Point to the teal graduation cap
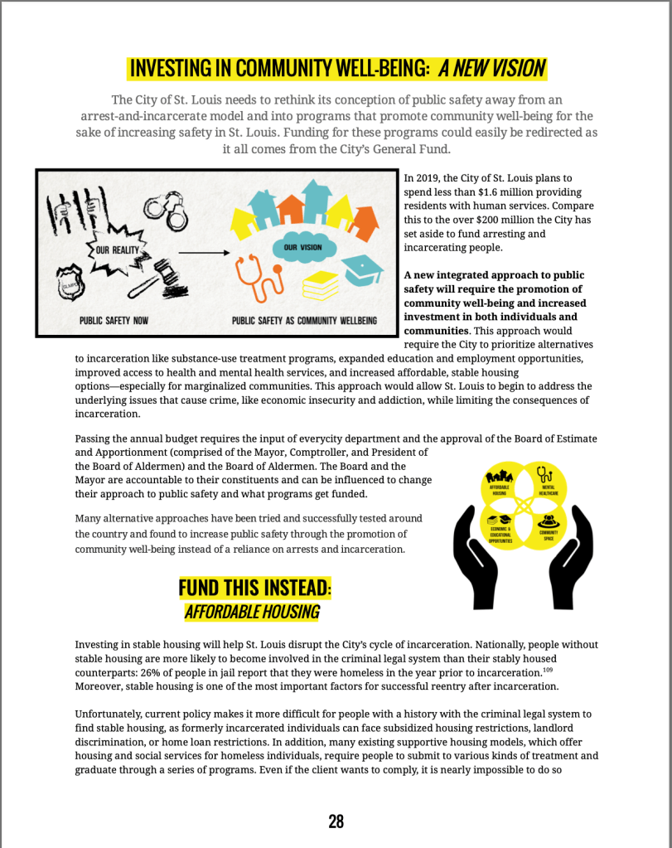pyautogui.click(x=362, y=269)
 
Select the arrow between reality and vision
pyautogui.click(x=203, y=252)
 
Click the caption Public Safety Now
pyautogui.click(x=114, y=321)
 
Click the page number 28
pyautogui.click(x=336, y=821)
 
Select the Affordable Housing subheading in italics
pyautogui.click(x=252, y=613)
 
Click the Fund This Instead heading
pyautogui.click(x=254, y=588)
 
